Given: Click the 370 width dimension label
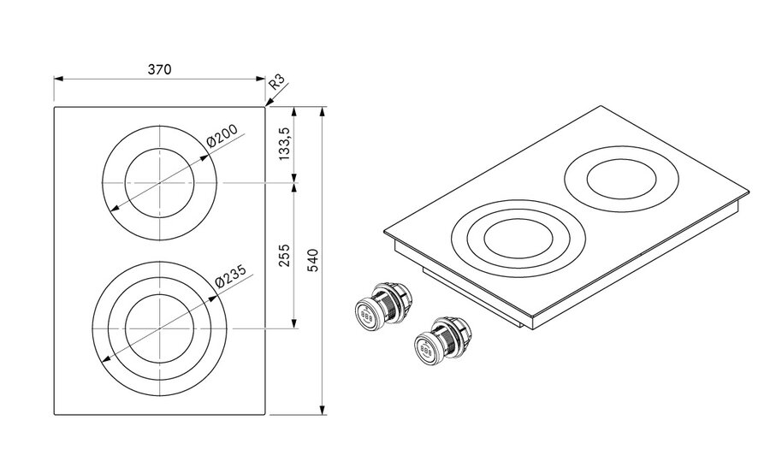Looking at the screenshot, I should [160, 69].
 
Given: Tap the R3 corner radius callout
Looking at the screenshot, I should [275, 83].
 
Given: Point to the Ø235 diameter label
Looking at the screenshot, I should [230, 275].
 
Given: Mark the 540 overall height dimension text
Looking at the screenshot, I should [312, 259].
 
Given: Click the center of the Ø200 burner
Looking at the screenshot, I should [160, 184].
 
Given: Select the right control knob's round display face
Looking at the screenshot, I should [424, 348].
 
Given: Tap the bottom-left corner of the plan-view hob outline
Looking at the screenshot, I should [55, 415].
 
